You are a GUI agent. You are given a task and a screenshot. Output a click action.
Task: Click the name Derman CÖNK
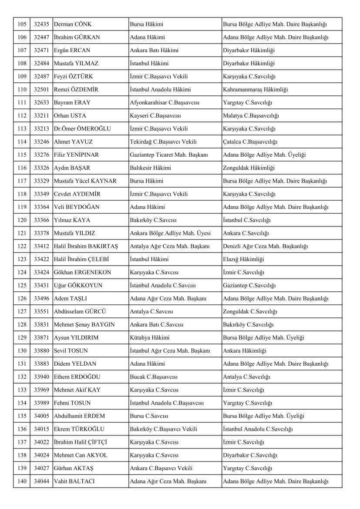pyautogui.click(x=73, y=24)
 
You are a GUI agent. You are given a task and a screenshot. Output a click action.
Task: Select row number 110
pyautogui.click(x=22, y=90)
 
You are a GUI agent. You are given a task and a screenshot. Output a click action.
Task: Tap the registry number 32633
pyautogui.click(x=41, y=103)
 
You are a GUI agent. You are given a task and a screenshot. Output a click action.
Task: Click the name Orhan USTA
pyautogui.click(x=70, y=116)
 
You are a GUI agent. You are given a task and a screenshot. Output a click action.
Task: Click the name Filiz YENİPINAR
pyautogui.click(x=76, y=155)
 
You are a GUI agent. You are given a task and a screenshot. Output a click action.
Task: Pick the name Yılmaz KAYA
pyautogui.click(x=72, y=220)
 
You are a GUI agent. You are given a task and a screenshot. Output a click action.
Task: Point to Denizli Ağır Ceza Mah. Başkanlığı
pyautogui.click(x=265, y=246)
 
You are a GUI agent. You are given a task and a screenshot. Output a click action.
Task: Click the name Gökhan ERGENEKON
pyautogui.click(x=82, y=273)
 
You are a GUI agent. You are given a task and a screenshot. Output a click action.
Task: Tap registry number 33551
pyautogui.click(x=41, y=312)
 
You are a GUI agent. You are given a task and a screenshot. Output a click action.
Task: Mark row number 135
pyautogui.click(x=22, y=416)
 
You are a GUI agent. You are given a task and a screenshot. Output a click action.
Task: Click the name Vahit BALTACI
pyautogui.click(x=74, y=482)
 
